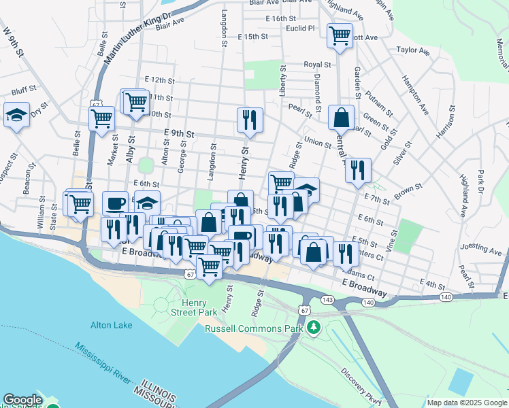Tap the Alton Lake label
click(x=112, y=325)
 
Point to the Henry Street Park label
click(x=199, y=307)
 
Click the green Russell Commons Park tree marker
click(x=313, y=328)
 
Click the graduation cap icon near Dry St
click(x=16, y=115)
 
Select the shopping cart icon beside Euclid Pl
click(x=340, y=35)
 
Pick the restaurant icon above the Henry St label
click(x=250, y=119)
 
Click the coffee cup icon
click(x=115, y=203)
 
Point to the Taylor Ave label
click(x=413, y=50)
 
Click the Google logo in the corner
click(x=22, y=401)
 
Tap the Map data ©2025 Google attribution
click(x=466, y=403)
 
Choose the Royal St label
click(x=316, y=64)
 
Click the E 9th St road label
click(x=179, y=134)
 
